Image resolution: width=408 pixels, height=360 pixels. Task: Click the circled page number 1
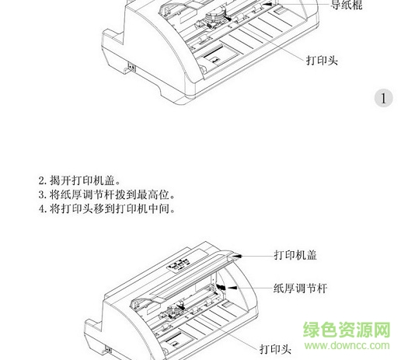[x=384, y=98]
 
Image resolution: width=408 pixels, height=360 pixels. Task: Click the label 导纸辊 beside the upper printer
[x=347, y=5]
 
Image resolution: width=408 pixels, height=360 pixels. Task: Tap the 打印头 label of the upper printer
[x=323, y=61]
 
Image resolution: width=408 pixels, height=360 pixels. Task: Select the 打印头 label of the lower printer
[x=276, y=349]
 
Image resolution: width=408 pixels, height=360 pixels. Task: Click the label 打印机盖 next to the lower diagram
[x=295, y=255]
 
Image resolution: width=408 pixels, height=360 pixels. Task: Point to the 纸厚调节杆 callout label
[x=300, y=288]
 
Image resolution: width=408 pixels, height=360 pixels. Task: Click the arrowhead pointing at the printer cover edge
[x=237, y=256]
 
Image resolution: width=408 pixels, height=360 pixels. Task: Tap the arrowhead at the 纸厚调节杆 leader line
[x=232, y=288]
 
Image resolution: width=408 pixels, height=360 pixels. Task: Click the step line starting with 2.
[x=79, y=180]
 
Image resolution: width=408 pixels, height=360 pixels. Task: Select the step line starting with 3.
[x=107, y=194]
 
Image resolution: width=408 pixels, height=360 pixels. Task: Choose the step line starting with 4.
[x=107, y=208]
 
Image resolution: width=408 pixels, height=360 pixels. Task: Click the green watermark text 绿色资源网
[x=347, y=330]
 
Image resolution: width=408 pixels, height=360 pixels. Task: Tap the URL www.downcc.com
[x=347, y=345]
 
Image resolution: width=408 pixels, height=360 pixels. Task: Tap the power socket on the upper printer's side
[x=132, y=68]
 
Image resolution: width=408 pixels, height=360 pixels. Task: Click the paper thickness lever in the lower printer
[x=221, y=287]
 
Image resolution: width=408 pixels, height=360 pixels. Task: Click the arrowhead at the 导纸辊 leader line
[x=267, y=4]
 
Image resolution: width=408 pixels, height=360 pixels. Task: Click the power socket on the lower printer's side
[x=109, y=351]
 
